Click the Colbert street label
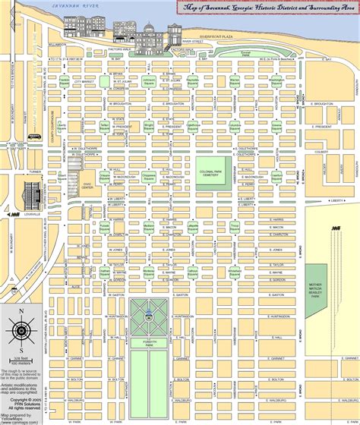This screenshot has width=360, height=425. [x=319, y=138]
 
